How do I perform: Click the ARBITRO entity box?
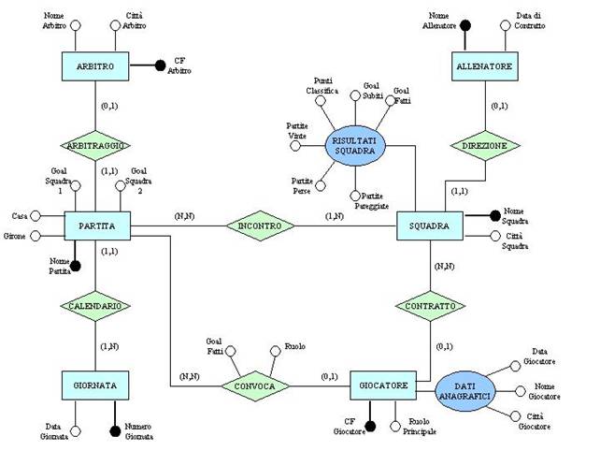point(96,66)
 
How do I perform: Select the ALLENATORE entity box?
point(485,66)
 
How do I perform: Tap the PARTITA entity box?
point(96,225)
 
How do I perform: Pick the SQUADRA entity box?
point(429,225)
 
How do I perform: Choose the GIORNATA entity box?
point(96,385)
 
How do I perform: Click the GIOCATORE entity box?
point(382,385)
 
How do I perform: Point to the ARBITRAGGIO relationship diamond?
point(96,146)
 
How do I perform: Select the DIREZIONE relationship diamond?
point(485,147)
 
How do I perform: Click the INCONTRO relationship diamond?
point(262,225)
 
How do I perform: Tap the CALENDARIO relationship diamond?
point(96,306)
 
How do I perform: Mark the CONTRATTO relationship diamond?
point(429,306)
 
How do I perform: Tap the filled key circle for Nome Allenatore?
point(464,25)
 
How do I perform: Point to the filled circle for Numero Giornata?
point(115,429)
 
